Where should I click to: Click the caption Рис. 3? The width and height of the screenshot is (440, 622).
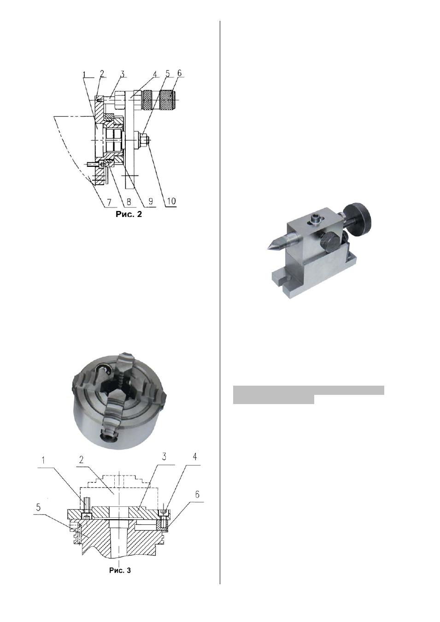[120, 570]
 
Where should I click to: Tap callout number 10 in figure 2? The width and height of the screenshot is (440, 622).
[171, 201]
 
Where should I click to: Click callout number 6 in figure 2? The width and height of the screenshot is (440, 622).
[179, 73]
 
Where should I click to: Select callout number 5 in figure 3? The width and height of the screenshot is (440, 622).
[38, 508]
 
